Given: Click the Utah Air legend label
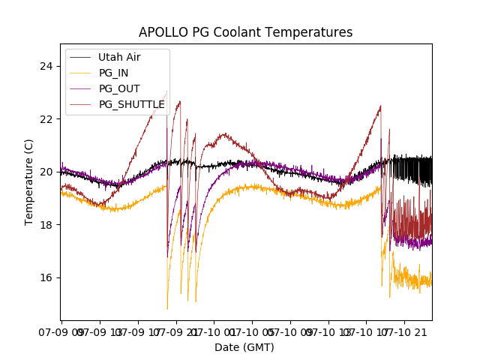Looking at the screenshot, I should pyautogui.click(x=118, y=57).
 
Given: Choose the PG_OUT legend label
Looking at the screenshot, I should pyautogui.click(x=119, y=88).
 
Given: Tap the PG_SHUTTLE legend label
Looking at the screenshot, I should pyautogui.click(x=131, y=104).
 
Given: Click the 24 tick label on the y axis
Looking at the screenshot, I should pyautogui.click(x=46, y=66).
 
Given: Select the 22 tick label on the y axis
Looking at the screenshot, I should pyautogui.click(x=46, y=118).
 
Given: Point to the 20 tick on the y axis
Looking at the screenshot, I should pyautogui.click(x=46, y=172).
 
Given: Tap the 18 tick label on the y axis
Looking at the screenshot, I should pyautogui.click(x=46, y=224).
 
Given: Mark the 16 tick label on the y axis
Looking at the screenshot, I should pyautogui.click(x=46, y=277).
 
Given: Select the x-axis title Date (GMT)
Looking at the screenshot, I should pyautogui.click(x=244, y=347).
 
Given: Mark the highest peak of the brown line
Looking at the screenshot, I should pyautogui.click(x=166, y=91).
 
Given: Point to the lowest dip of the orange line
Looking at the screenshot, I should pyautogui.click(x=167, y=308).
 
